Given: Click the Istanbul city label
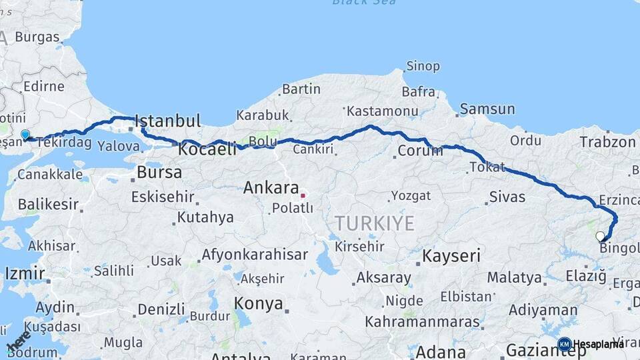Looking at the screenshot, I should [167, 121].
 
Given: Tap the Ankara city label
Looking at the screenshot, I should [270, 187].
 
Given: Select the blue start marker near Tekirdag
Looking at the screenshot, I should [25, 135].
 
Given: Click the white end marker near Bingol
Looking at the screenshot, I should [600, 236].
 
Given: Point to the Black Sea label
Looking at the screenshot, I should [363, 3].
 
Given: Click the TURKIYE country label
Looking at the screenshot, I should [374, 223].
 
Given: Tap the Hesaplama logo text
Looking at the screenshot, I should [598, 344].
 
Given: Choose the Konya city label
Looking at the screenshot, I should [259, 304].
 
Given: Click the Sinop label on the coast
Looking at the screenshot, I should [423, 66].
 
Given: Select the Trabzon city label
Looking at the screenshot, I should [607, 142].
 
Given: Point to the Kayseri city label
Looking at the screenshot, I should [451, 255].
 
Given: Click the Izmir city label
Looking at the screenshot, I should [25, 273].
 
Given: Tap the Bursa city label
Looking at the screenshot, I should [159, 172].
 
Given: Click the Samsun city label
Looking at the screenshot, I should [487, 109].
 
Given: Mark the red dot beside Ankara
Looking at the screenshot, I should [303, 195].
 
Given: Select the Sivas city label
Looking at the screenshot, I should [507, 197].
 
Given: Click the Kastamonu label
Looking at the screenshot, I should [383, 111].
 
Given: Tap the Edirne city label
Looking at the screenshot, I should [43, 86].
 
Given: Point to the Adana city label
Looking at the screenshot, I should [441, 351].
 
